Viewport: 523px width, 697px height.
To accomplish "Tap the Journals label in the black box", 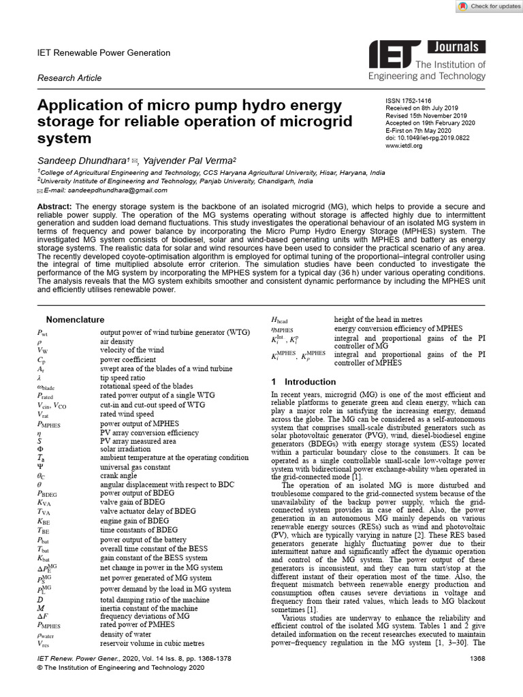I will click(x=456, y=48).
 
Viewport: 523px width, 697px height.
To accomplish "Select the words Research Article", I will click(x=69, y=78).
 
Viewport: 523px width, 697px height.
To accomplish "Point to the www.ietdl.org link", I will click(x=404, y=146).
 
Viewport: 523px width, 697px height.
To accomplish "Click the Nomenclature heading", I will click(x=75, y=319).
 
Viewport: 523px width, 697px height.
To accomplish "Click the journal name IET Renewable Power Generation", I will click(x=104, y=52).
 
